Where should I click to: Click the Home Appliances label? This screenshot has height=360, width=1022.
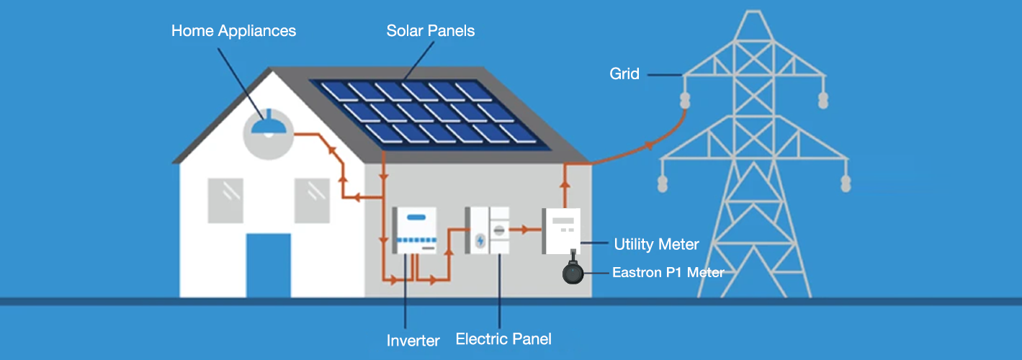pos(233,31)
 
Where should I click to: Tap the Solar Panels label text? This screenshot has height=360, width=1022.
pos(430,31)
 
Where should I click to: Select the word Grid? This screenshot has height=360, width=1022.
pos(624,73)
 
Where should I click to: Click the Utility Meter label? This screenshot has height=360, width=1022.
pos(656,245)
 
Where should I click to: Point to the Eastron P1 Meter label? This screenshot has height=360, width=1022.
pos(668,272)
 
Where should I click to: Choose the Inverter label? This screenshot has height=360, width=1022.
pos(413,341)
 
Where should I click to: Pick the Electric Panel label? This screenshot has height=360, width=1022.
pos(503,338)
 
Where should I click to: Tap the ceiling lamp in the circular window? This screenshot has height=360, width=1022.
pos(268,127)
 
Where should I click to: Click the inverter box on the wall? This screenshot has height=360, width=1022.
pos(415,230)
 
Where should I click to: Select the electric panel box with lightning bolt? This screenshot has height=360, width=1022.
pos(488,230)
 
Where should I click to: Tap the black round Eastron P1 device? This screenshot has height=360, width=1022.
pos(573,273)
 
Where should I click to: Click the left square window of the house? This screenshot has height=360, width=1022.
pos(225,200)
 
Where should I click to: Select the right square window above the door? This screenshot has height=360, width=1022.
pos(312,200)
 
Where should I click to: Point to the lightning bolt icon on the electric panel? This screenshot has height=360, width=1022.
pos(480,240)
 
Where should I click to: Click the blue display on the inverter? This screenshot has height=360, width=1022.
pos(416,217)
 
